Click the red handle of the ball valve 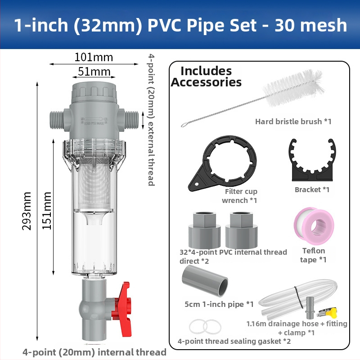[123, 309]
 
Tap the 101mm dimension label [94, 57]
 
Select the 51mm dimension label [94, 72]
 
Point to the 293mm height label [27, 211]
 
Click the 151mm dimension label [47, 211]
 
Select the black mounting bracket [312, 161]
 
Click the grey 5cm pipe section [205, 280]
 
